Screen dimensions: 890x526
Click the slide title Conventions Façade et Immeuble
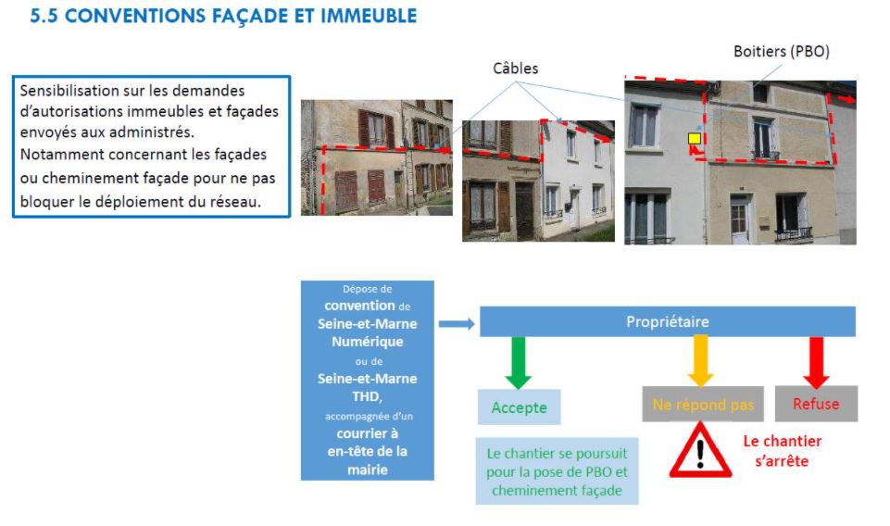(x=223, y=16)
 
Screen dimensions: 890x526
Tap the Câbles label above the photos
(x=515, y=69)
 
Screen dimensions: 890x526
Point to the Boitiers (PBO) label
(x=782, y=52)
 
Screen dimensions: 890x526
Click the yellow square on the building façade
(x=695, y=139)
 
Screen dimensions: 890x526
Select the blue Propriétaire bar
(x=668, y=321)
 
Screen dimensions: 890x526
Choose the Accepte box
(x=520, y=407)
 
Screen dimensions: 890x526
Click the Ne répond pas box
(x=703, y=404)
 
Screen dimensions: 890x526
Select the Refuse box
(x=816, y=404)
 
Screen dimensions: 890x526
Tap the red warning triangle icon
(x=700, y=450)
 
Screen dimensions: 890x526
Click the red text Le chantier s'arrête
(x=783, y=451)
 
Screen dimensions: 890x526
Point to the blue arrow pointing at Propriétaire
(x=457, y=323)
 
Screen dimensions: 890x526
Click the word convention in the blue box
(x=360, y=306)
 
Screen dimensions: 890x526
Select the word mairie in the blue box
(x=368, y=470)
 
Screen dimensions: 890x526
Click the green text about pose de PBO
(x=557, y=471)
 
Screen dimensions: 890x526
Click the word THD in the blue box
(x=366, y=396)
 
